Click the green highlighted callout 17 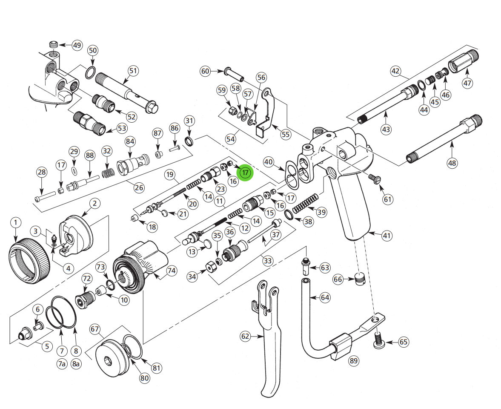[x=245, y=173]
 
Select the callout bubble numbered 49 [x=77, y=46]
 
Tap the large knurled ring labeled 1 [x=29, y=262]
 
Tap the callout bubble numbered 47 [x=467, y=83]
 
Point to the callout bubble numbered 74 [x=171, y=271]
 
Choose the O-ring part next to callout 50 [x=89, y=73]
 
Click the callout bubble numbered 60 [x=206, y=71]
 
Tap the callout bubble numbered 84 [x=130, y=141]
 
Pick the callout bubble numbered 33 [x=268, y=260]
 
